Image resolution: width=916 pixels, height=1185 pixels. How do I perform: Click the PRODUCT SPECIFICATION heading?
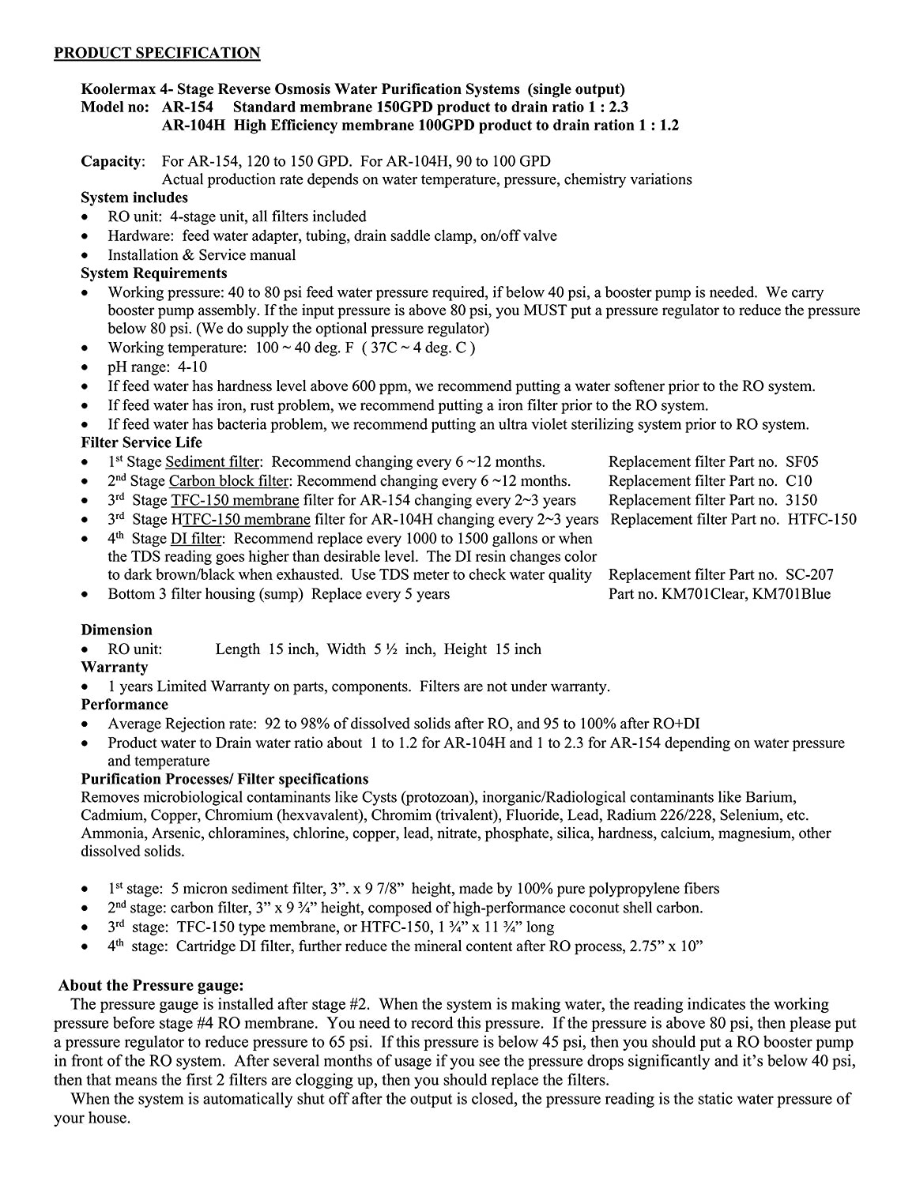tap(156, 54)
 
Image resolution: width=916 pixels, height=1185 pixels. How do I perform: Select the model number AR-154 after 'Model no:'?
tap(187, 107)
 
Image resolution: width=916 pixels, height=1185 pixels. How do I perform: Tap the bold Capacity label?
tap(111, 161)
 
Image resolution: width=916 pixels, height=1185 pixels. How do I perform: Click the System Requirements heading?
tap(153, 273)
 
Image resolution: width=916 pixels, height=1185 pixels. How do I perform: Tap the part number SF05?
tap(802, 462)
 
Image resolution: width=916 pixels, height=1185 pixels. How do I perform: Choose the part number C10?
tap(798, 481)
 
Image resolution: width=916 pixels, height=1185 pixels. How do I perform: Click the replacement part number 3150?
tap(801, 500)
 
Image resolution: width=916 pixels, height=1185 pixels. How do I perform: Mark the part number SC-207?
tap(809, 575)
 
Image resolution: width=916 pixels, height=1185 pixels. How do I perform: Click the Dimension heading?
tap(116, 630)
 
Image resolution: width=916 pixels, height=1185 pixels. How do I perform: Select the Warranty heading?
tap(114, 668)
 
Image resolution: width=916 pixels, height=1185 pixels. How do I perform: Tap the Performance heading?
tap(124, 705)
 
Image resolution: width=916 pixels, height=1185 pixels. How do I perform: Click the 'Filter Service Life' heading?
tap(141, 442)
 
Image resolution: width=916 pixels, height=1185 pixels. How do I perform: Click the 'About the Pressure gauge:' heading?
tap(152, 985)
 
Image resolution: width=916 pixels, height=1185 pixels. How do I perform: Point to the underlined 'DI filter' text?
tap(197, 539)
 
